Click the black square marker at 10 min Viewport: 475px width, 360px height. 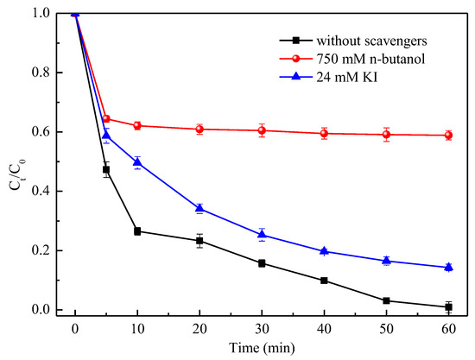[x=137, y=231]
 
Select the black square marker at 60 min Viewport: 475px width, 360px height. [x=448, y=306]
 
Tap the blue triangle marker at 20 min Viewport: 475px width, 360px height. [x=199, y=208]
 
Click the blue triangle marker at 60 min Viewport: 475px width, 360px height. [x=448, y=267]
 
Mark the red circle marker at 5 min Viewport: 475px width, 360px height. [x=106, y=119]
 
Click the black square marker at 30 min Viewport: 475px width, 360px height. [x=262, y=263]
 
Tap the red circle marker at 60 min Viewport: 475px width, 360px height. [x=448, y=135]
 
